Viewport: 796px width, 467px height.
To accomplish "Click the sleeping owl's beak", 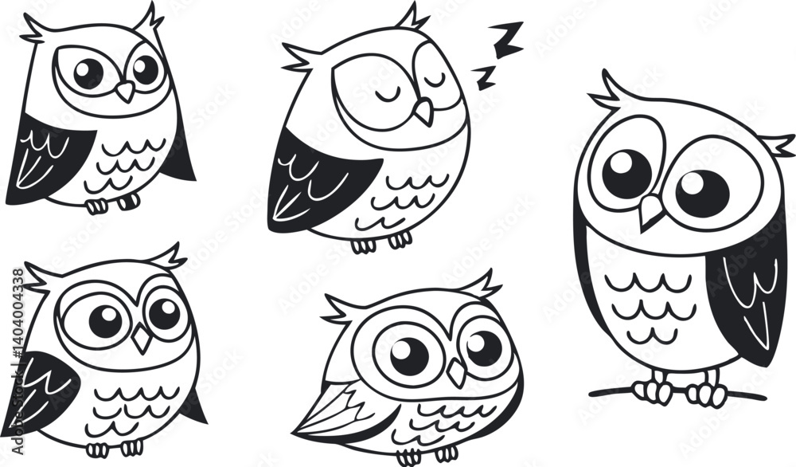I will point(424,111).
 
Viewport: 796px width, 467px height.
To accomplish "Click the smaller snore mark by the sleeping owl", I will point(484,77).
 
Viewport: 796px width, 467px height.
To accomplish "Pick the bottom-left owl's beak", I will point(142,339).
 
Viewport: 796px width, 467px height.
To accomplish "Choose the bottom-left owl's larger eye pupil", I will point(105,321).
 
